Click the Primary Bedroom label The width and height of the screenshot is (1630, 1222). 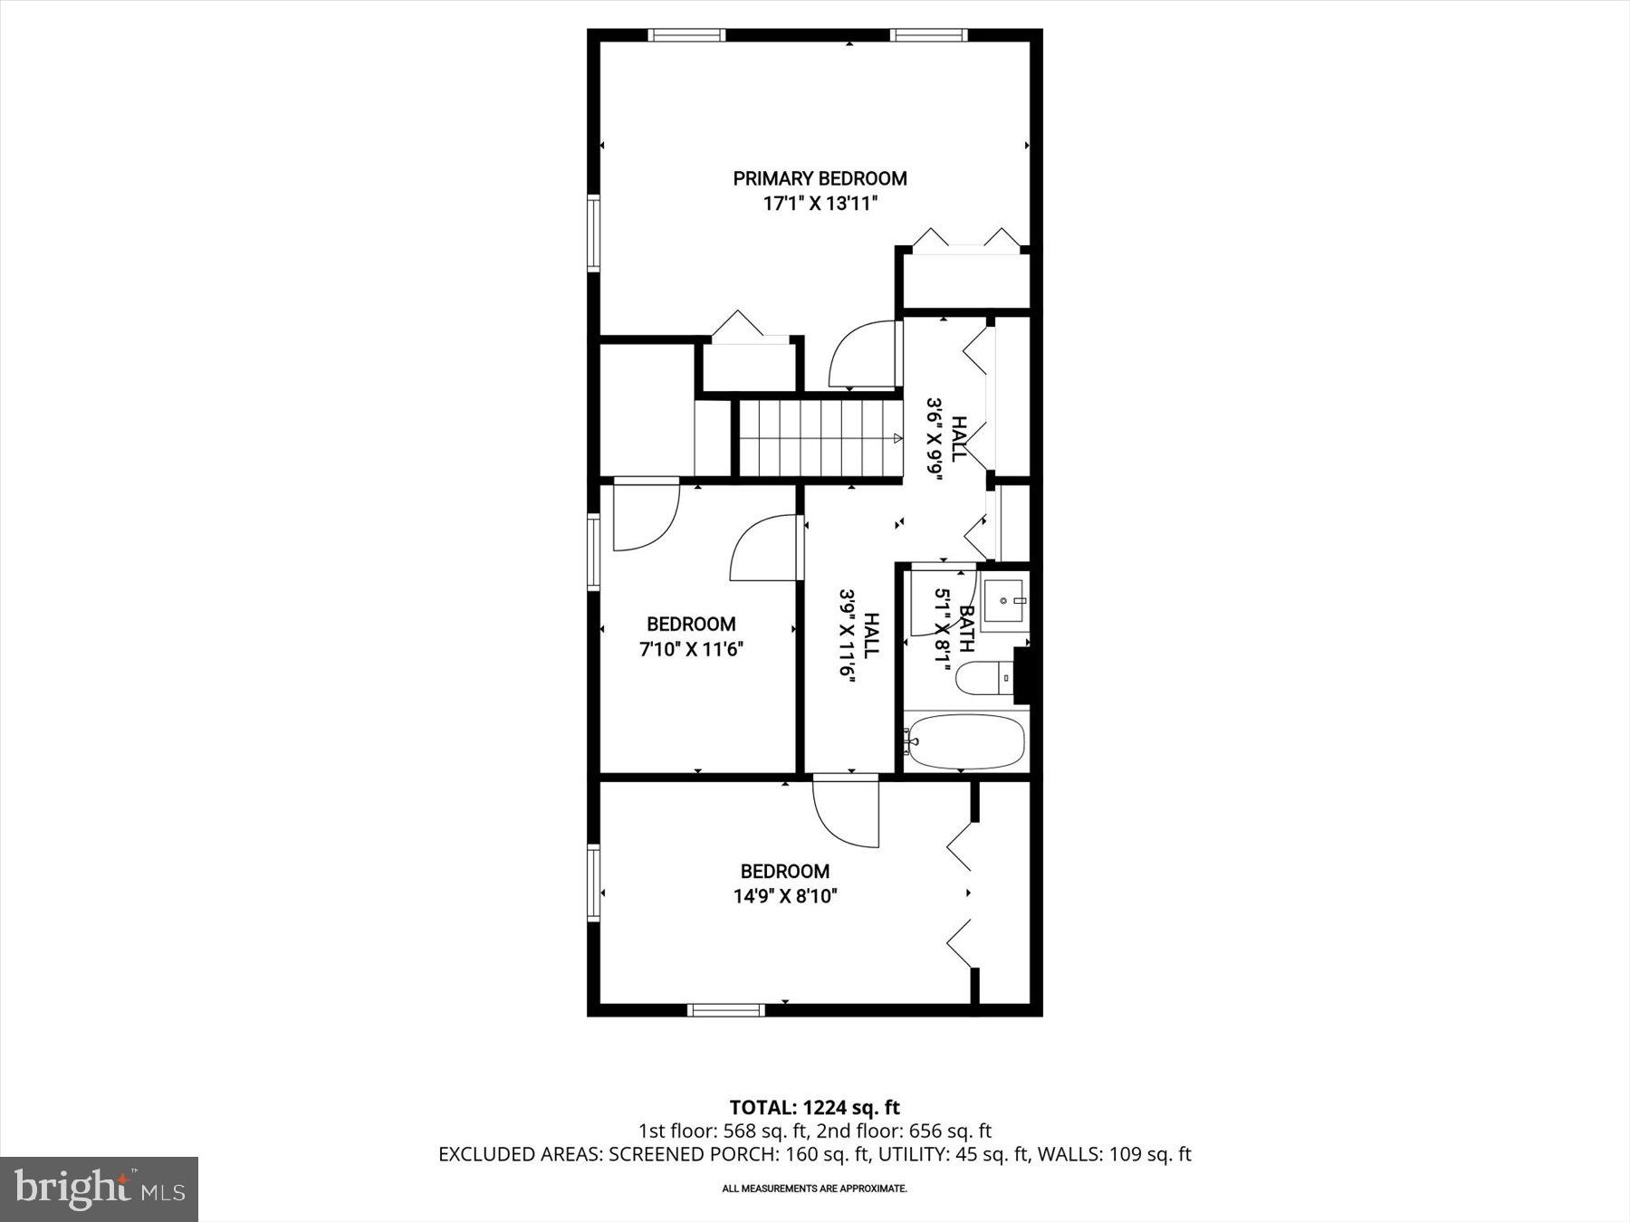click(820, 178)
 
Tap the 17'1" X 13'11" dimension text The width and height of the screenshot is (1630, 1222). click(820, 204)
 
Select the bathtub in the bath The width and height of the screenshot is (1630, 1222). click(965, 741)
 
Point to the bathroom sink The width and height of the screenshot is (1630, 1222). click(1005, 598)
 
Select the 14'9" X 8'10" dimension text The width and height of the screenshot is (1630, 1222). click(785, 896)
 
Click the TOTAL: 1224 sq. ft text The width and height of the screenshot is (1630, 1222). click(815, 1107)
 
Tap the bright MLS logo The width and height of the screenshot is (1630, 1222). click(100, 1189)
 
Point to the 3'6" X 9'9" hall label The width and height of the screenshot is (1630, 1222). click(947, 439)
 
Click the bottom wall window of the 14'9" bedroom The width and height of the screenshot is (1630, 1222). click(726, 1009)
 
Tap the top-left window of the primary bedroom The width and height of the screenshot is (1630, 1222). click(686, 35)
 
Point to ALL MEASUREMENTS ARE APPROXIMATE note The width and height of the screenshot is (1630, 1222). click(814, 1189)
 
